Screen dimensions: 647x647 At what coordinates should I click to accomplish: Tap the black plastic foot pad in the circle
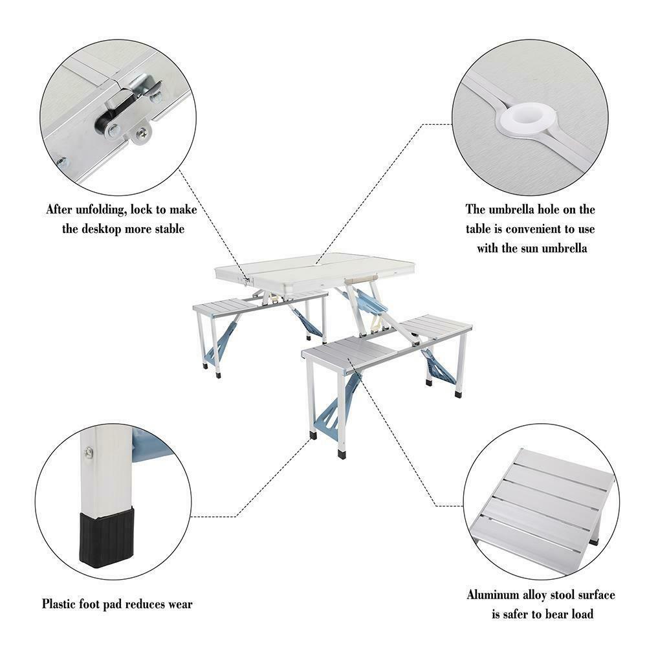(x=107, y=536)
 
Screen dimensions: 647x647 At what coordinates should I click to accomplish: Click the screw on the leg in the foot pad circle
(x=88, y=453)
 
